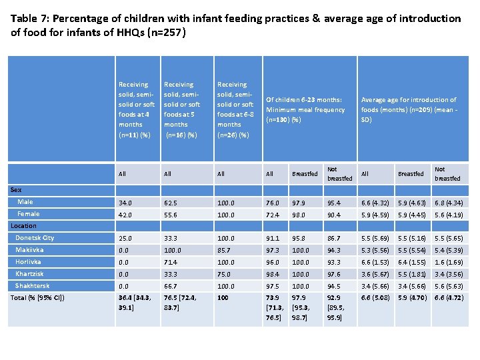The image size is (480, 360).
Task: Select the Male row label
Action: tap(25, 201)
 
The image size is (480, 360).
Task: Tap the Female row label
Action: tap(29, 213)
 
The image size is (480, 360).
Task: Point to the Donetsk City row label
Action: tap(35, 237)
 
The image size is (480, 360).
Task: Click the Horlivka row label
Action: tap(28, 262)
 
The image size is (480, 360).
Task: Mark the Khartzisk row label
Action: tap(30, 274)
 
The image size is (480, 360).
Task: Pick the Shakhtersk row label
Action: tap(32, 286)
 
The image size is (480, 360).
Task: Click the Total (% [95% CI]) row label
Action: tap(37, 297)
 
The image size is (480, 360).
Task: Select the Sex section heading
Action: tap(17, 190)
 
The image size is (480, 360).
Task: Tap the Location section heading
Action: tap(23, 226)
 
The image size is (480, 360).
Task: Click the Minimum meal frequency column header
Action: tap(305, 109)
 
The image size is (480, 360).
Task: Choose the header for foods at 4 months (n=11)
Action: tap(136, 109)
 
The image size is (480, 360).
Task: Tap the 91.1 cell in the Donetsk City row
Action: tap(273, 238)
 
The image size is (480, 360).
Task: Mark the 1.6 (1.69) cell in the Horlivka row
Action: tap(447, 262)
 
